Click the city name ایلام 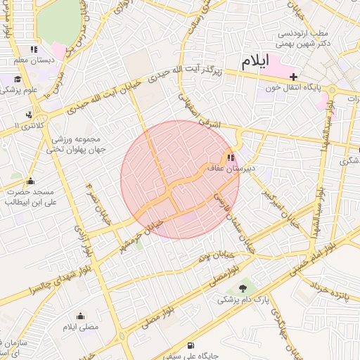click(x=256, y=61)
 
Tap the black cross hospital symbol click(x=294, y=76)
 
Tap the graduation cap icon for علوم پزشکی click(x=17, y=79)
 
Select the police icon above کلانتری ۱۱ click(x=29, y=114)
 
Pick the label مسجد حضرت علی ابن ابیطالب click(x=31, y=196)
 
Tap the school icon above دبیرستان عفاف click(x=231, y=157)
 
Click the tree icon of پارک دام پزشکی click(x=244, y=288)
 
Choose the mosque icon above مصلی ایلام click(x=80, y=316)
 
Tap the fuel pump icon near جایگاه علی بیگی click(x=191, y=345)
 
